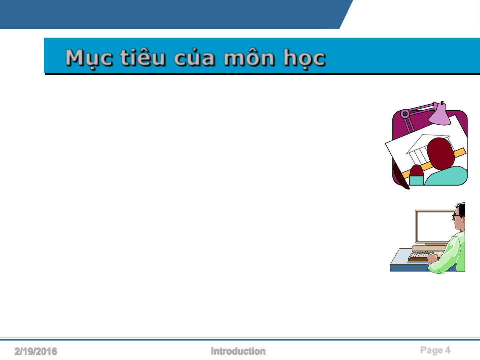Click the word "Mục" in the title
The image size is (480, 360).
(x=89, y=58)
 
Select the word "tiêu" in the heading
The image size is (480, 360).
(x=142, y=57)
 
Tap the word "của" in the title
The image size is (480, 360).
(x=194, y=57)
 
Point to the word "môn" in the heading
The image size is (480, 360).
(x=249, y=57)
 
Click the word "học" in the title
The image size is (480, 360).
(x=304, y=58)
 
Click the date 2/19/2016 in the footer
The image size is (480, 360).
(x=36, y=351)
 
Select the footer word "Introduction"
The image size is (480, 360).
(x=238, y=351)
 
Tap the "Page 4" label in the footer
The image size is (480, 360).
(x=435, y=350)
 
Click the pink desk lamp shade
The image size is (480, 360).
(x=440, y=115)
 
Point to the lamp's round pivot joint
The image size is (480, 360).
(x=405, y=114)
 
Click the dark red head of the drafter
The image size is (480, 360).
(x=440, y=154)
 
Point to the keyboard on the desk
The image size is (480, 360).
(x=425, y=255)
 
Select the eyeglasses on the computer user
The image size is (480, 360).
(x=457, y=216)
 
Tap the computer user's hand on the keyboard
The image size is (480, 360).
(x=432, y=259)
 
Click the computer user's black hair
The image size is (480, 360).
(x=461, y=209)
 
